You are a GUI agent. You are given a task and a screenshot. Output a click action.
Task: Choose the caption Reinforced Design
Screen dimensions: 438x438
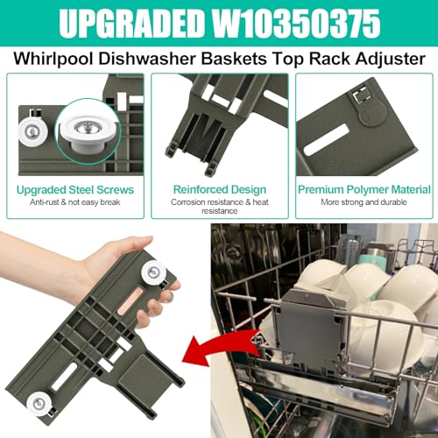tap(218, 189)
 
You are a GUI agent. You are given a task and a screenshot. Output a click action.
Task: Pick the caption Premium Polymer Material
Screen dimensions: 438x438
tap(364, 189)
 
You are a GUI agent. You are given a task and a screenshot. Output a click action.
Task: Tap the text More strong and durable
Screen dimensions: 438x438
tap(364, 203)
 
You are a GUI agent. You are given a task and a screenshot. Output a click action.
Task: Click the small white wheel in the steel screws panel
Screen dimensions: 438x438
tap(30, 131)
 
